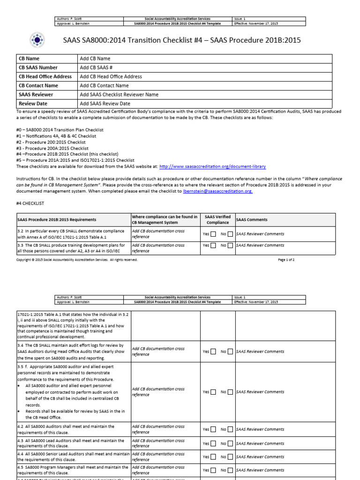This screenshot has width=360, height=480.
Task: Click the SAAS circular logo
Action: pyautogui.click(x=36, y=41)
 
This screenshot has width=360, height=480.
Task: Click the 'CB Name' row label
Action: pyautogui.click(x=29, y=59)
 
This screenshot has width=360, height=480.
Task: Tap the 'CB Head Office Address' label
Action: pyautogui.click(x=45, y=76)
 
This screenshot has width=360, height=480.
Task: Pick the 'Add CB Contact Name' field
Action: pyautogui.click(x=104, y=86)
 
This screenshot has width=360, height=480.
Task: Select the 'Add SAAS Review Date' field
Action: pyautogui.click(x=105, y=104)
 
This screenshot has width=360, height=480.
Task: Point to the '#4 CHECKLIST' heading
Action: pyautogui.click(x=30, y=203)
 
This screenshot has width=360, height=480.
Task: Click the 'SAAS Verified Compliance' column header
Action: pyautogui.click(x=217, y=219)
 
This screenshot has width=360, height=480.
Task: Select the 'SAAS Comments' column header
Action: pyautogui.click(x=252, y=219)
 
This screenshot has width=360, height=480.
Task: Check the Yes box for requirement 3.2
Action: pyautogui.click(x=214, y=233)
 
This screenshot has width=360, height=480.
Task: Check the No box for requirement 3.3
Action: pyautogui.click(x=230, y=245)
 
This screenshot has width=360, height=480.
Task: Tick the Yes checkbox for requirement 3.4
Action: pyautogui.click(x=214, y=352)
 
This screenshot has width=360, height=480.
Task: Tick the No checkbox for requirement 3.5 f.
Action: pyautogui.click(x=230, y=392)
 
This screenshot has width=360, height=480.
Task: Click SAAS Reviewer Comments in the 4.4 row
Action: pyautogui.click(x=260, y=457)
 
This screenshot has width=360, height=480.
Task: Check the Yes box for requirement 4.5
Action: pyautogui.click(x=214, y=470)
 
